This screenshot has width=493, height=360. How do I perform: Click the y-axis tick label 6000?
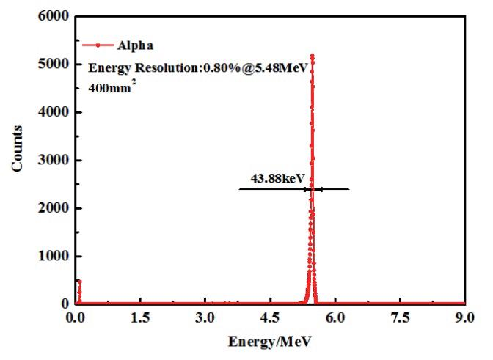[x=56, y=16]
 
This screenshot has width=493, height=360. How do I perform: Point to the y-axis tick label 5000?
[x=56, y=65]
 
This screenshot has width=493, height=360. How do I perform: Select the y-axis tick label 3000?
[x=56, y=161]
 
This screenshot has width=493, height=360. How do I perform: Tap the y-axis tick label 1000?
[x=56, y=257]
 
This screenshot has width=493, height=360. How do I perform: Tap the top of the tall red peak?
[x=313, y=56]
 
